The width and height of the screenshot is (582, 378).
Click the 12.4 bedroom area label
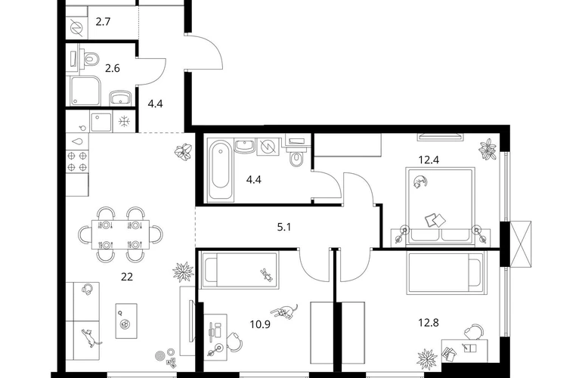(429, 160)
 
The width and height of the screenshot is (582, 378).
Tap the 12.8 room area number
(429, 323)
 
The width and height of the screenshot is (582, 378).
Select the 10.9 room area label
(260, 324)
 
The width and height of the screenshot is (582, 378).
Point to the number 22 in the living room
(127, 277)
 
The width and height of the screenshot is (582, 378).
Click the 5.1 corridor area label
(284, 227)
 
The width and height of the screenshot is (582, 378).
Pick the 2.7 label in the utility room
(103, 22)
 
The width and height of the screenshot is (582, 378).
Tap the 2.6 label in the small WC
(112, 69)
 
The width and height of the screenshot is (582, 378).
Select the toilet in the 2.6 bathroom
(91, 59)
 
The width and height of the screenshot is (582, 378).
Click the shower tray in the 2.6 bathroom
(85, 91)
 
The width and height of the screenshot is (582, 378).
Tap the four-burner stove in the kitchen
(77, 161)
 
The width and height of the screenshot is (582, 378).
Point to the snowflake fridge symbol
(124, 122)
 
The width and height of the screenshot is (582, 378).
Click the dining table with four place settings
(121, 234)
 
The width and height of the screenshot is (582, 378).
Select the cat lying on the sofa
(90, 337)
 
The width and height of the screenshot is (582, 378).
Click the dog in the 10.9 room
(284, 311)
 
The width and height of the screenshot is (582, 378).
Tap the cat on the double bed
(419, 181)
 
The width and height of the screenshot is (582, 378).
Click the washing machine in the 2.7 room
(77, 28)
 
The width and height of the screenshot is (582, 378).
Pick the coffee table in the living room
(126, 321)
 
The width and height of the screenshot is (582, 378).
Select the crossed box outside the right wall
(521, 244)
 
